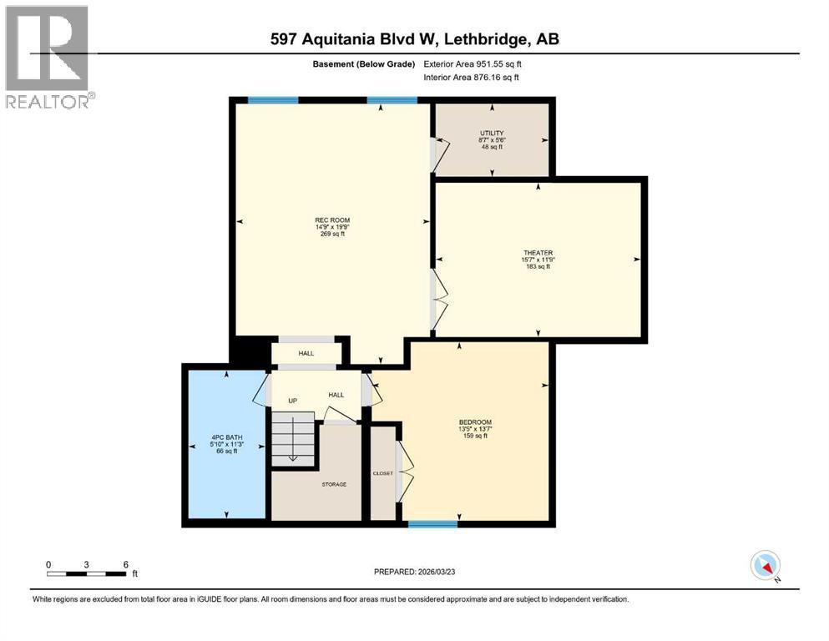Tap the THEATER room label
click(538, 253)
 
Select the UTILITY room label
click(491, 133)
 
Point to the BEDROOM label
click(475, 421)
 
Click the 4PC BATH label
click(225, 435)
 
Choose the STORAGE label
click(334, 484)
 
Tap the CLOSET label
click(383, 473)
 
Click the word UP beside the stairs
click(293, 401)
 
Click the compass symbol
click(765, 566)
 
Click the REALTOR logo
click(48, 57)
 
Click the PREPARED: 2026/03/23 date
click(415, 572)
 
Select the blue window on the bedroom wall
click(432, 524)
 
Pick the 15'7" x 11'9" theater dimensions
click(538, 260)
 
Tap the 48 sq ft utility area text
click(491, 146)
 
